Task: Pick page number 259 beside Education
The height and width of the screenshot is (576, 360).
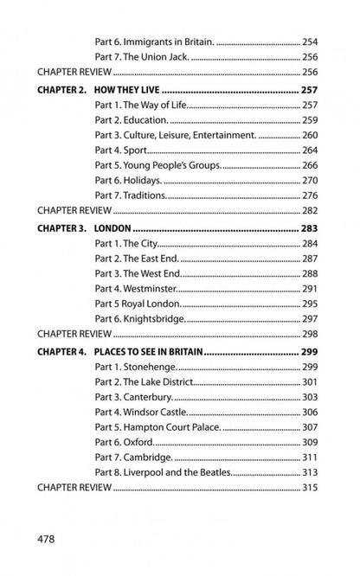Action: [310, 120]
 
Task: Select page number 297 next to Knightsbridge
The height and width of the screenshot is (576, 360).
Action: [310, 319]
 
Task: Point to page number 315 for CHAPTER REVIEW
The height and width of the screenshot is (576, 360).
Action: [310, 488]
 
